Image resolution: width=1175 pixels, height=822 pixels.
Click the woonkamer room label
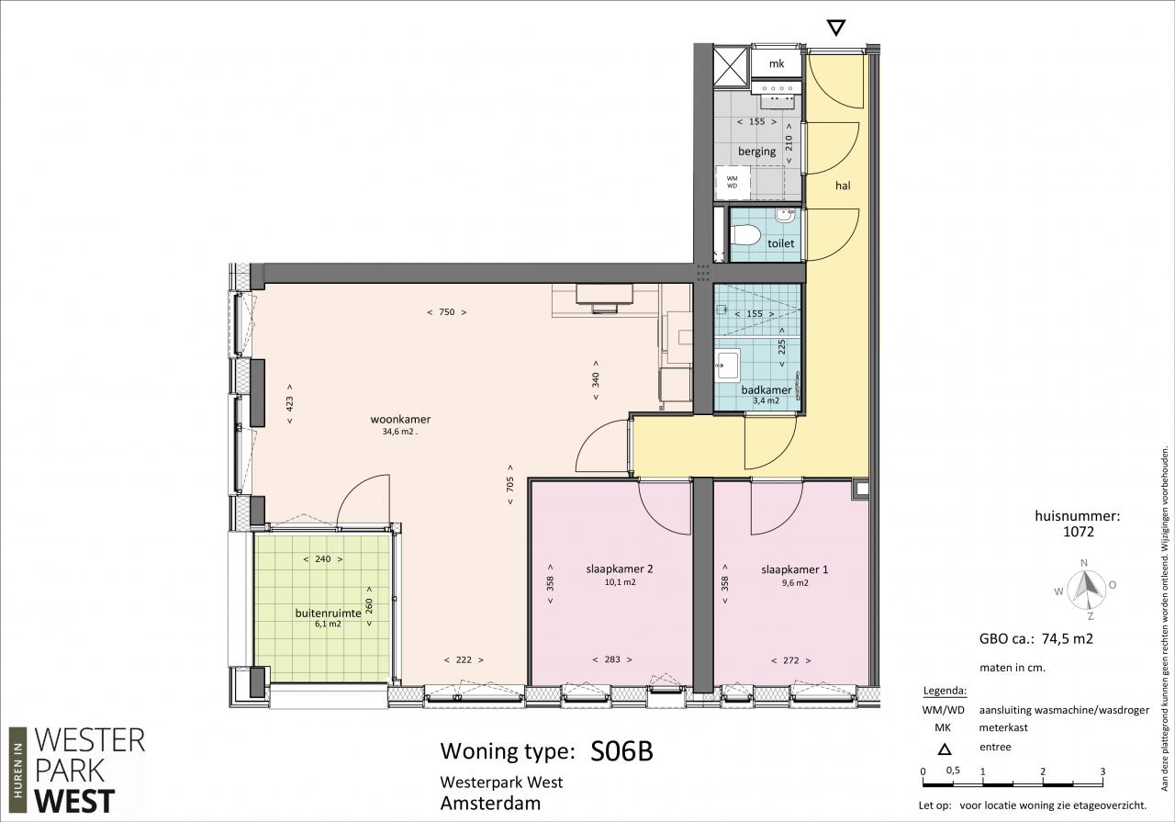[x=400, y=419]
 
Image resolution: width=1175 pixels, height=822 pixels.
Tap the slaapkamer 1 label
[x=795, y=569]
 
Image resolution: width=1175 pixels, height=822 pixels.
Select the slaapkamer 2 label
[x=620, y=569]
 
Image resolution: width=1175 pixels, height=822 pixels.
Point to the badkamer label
[x=766, y=390]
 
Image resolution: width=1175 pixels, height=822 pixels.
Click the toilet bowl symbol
[x=746, y=235]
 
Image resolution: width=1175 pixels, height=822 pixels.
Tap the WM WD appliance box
[x=733, y=182]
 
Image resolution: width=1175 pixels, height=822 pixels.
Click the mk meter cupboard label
[x=777, y=63]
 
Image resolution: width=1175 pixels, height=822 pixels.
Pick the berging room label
[x=756, y=152]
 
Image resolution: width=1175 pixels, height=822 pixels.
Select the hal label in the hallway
[x=843, y=186]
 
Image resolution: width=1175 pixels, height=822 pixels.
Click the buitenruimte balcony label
[x=328, y=613]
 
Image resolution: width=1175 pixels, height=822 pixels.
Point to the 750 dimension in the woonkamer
[x=446, y=311]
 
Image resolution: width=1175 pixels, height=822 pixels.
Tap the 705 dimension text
[x=509, y=483]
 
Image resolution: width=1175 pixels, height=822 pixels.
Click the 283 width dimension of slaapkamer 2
[x=612, y=659]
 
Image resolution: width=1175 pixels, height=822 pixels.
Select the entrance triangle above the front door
[x=835, y=28]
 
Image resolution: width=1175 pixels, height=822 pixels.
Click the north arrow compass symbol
[x=1086, y=589]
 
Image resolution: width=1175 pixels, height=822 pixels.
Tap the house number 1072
[x=1079, y=532]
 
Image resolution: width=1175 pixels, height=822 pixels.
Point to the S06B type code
[x=621, y=751]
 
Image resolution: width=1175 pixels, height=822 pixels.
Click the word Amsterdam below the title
[x=490, y=803]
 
